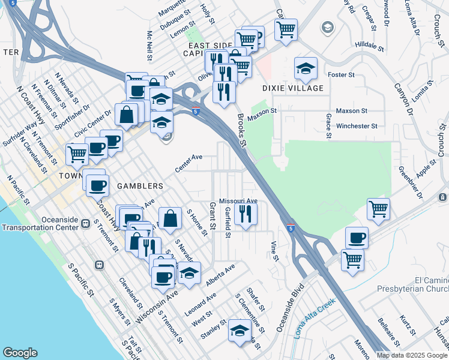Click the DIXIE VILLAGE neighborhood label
293,88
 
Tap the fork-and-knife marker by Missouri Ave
246,214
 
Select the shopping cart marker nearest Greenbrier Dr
378,209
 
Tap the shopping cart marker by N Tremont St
77,154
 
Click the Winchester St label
357,126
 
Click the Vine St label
275,251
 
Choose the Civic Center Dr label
92,122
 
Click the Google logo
20,353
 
